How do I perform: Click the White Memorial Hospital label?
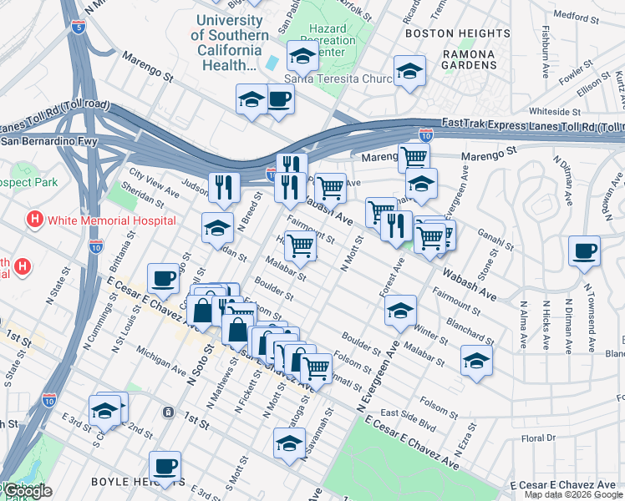(111, 220)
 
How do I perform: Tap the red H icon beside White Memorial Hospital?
(34, 220)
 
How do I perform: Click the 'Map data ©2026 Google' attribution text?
(574, 494)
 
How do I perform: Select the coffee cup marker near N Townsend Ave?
(584, 250)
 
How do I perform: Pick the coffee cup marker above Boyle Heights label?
(165, 466)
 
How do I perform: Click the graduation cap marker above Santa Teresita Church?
(302, 56)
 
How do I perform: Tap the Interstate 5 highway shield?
(79, 28)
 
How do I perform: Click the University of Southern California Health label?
(230, 43)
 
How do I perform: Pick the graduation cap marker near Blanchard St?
(476, 360)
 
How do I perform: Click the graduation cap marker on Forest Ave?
(400, 310)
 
